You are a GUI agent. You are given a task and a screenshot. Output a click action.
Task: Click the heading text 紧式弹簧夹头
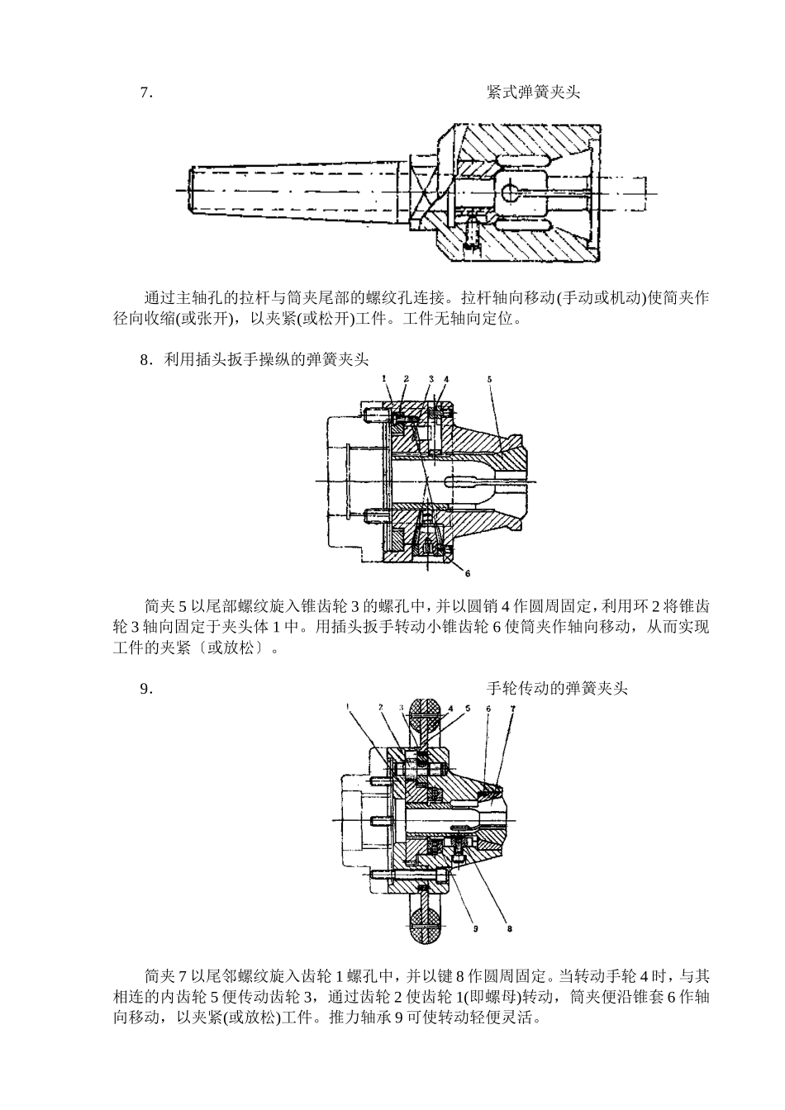pyautogui.click(x=533, y=92)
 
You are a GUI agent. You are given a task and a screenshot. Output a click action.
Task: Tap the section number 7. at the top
pyautogui.click(x=147, y=92)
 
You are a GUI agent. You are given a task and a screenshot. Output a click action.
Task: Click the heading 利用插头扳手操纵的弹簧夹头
pyautogui.click(x=265, y=359)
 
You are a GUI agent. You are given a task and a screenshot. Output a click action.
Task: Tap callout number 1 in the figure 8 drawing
pyautogui.click(x=384, y=378)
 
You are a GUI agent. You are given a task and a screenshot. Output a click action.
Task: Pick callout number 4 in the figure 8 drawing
pyautogui.click(x=446, y=378)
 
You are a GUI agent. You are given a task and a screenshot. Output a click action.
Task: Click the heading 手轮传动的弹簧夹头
pyautogui.click(x=557, y=688)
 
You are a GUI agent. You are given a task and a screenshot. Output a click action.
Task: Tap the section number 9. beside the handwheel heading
pyautogui.click(x=147, y=688)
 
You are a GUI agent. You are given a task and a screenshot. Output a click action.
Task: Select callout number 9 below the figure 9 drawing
pyautogui.click(x=476, y=928)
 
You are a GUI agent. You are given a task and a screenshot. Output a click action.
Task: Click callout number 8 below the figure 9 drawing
pyautogui.click(x=509, y=928)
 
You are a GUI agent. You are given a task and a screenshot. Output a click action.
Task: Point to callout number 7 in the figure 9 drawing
pyautogui.click(x=512, y=708)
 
